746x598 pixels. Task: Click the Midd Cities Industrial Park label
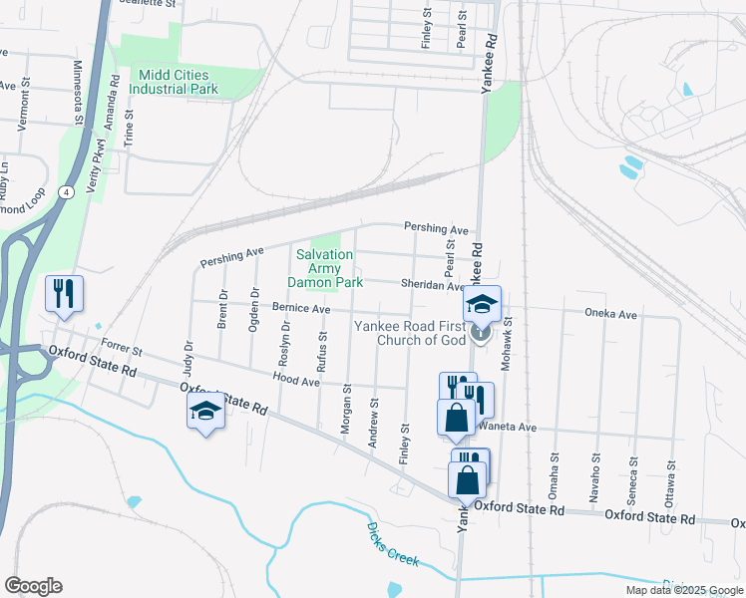pyautogui.click(x=179, y=82)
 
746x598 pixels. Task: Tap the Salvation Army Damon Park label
pyautogui.click(x=324, y=268)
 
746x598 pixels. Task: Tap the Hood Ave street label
pyautogui.click(x=296, y=380)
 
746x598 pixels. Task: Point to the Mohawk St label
pyautogui.click(x=507, y=345)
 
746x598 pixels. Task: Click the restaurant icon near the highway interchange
pyautogui.click(x=64, y=294)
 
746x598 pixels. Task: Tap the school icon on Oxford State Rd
pyautogui.click(x=205, y=412)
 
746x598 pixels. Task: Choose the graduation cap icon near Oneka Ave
pyautogui.click(x=481, y=303)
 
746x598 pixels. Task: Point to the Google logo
pyautogui.click(x=32, y=585)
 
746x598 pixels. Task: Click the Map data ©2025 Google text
pyautogui.click(x=683, y=590)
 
